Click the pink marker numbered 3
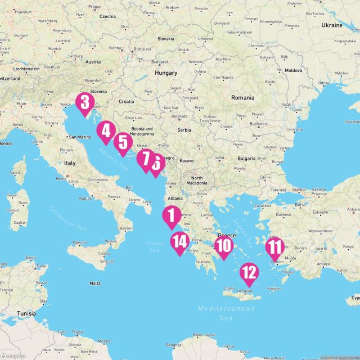(x=84, y=103)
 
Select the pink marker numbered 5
(x=122, y=142)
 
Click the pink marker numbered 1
(x=171, y=216)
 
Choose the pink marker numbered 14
(x=180, y=242)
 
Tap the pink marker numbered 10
(x=223, y=246)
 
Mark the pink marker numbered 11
(x=274, y=247)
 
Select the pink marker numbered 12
(x=249, y=273)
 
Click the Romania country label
(x=243, y=97)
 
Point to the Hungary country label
(x=166, y=73)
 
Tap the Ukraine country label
(x=332, y=25)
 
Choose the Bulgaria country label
(x=246, y=159)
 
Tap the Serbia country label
(x=184, y=130)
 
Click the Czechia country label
(x=107, y=17)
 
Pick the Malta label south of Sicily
(x=95, y=283)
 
